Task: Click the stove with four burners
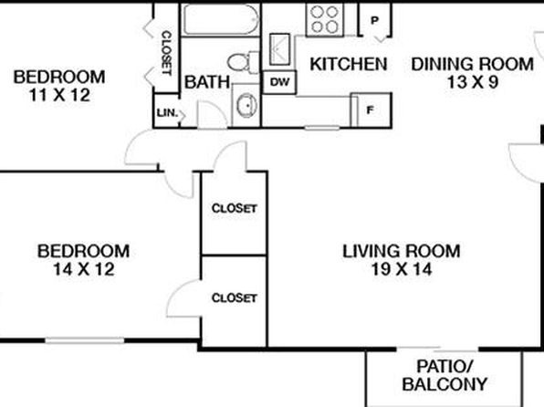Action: click(325, 20)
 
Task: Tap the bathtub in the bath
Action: click(221, 19)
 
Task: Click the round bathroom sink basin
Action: click(246, 104)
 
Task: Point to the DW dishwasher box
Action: click(279, 82)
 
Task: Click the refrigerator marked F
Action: click(371, 110)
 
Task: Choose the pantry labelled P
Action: click(375, 20)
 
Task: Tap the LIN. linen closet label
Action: click(168, 113)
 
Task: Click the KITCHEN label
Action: click(349, 64)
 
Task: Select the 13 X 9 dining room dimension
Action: click(473, 82)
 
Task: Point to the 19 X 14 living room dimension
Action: click(402, 269)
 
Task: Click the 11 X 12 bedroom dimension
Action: click(59, 95)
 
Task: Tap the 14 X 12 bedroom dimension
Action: click(84, 269)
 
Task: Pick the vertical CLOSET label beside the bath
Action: click(167, 53)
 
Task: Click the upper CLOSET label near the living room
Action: click(235, 208)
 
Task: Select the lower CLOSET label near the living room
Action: click(235, 297)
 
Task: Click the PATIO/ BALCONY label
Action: click(445, 375)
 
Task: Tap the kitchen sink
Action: click(279, 49)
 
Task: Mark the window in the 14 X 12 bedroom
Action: click(85, 340)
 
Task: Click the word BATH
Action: click(207, 82)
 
